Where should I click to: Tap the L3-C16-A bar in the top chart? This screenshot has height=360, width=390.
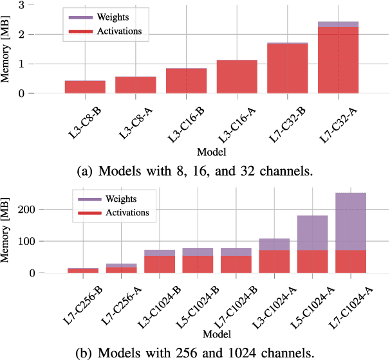pyautogui.click(x=237, y=76)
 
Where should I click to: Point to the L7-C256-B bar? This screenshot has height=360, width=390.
pyautogui.click(x=83, y=271)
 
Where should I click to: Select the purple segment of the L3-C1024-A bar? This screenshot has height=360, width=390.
pyautogui.click(x=274, y=244)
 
